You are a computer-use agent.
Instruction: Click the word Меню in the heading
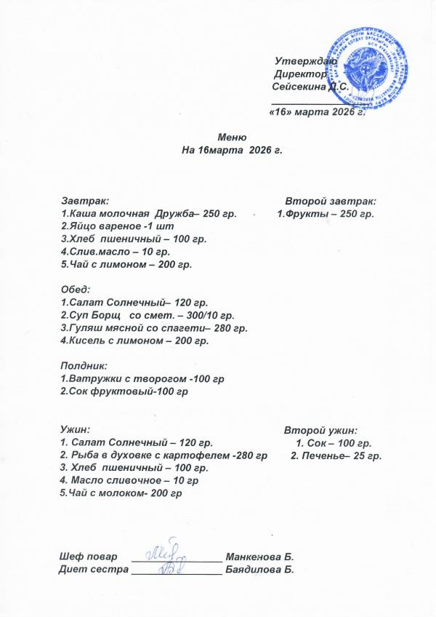pos(232,138)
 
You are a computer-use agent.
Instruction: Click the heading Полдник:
pos(83,366)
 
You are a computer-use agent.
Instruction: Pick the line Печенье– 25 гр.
pos(336,455)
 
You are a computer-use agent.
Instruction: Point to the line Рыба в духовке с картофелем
pos(163,455)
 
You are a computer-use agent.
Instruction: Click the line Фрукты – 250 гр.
pos(326,213)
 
